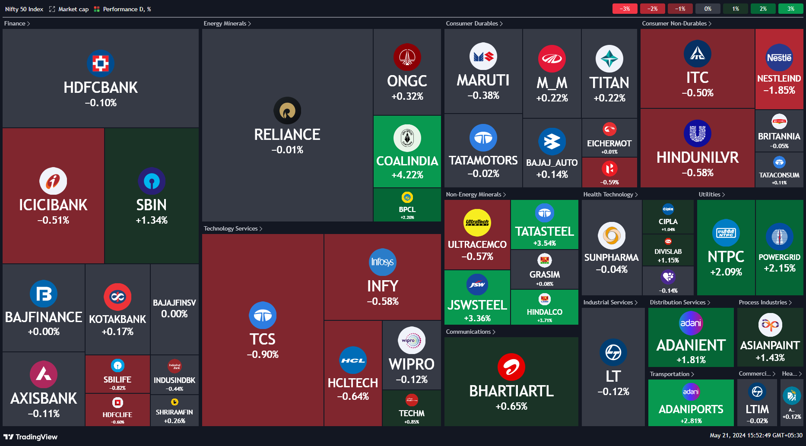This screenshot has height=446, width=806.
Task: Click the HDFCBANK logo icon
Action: click(x=101, y=63)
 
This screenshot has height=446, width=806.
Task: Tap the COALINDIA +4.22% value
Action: click(x=407, y=175)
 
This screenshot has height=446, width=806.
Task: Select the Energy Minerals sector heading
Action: click(x=225, y=23)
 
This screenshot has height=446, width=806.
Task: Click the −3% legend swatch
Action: click(x=625, y=9)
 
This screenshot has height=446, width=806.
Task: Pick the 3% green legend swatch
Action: click(x=790, y=9)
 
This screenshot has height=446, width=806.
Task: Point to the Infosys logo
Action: click(x=382, y=262)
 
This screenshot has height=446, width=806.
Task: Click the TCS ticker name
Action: click(x=262, y=339)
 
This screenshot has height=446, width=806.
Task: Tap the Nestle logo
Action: click(x=779, y=58)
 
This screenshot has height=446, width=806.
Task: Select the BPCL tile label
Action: click(x=407, y=209)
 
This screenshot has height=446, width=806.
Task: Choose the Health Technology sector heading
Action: click(x=608, y=194)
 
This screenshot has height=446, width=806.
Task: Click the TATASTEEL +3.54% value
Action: click(x=544, y=243)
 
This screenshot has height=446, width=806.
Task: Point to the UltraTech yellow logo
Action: click(x=477, y=223)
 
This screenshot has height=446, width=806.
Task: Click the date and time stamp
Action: click(x=756, y=435)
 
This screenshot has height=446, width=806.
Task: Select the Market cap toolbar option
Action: click(x=73, y=9)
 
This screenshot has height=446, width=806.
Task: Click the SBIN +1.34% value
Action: click(x=151, y=220)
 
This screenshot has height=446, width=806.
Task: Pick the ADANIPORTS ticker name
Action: click(x=691, y=409)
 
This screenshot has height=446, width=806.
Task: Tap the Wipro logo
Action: click(x=411, y=340)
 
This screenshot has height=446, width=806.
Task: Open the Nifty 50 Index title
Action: click(x=24, y=9)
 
